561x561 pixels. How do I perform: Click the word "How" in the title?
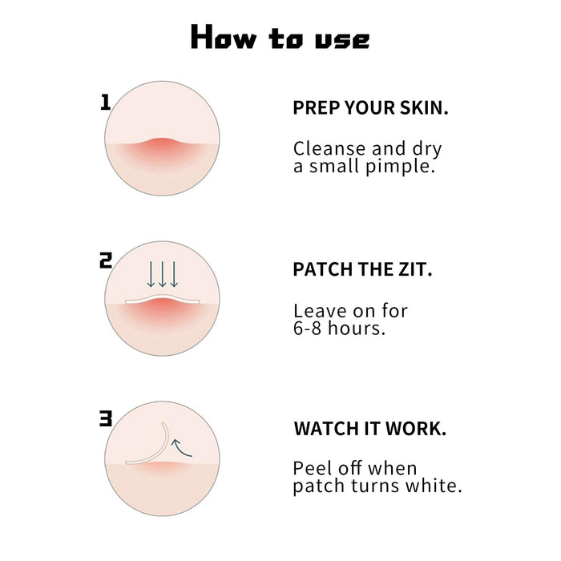(224, 37)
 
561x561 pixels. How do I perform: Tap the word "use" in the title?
(341, 40)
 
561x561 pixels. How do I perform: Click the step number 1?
(105, 103)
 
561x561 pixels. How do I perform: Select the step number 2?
(106, 260)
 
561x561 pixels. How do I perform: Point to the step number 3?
(106, 418)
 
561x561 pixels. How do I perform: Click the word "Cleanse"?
(329, 148)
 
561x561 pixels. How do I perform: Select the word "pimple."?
(401, 167)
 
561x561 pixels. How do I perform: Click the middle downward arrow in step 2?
(163, 274)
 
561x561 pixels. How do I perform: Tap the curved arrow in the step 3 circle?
(180, 449)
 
